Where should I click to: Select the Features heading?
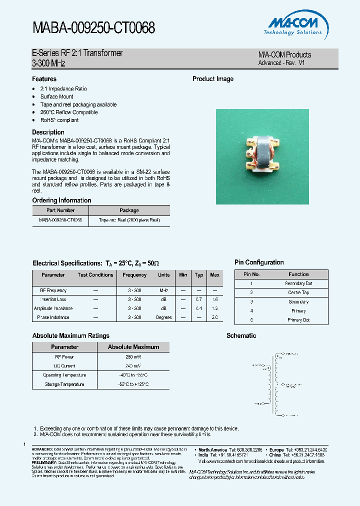[x=44, y=79]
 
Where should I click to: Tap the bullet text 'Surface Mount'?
[x=56, y=96]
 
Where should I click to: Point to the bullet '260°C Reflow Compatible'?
[x=69, y=112]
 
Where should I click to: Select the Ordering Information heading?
[x=61, y=200]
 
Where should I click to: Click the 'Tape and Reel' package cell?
[x=129, y=220]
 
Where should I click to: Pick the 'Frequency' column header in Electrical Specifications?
[x=134, y=275]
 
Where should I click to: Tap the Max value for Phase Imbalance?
[x=214, y=317]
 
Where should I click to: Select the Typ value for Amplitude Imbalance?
[x=199, y=308]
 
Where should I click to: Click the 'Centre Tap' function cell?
[x=298, y=292]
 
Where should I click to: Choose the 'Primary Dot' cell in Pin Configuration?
[x=298, y=320]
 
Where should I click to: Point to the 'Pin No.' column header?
[x=251, y=274]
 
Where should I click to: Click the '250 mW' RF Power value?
[x=133, y=357]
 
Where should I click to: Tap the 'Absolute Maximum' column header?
[x=133, y=347]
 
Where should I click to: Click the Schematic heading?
[x=241, y=336]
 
